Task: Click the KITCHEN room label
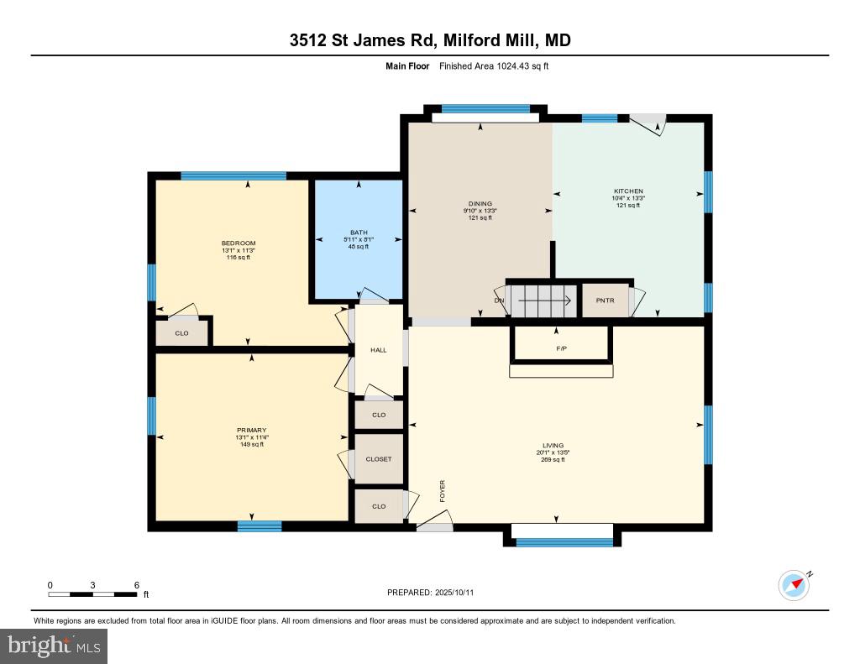tap(628, 191)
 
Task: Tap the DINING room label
tap(480, 203)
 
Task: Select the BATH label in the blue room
tap(359, 233)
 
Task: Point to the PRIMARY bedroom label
tap(251, 431)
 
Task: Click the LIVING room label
tap(553, 446)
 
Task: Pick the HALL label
tap(379, 350)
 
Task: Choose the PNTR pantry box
tap(605, 301)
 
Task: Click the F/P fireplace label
tap(560, 348)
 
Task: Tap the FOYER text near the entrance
tap(442, 491)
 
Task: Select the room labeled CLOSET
tap(379, 459)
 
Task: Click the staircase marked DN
tap(542, 300)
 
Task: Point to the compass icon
tap(794, 585)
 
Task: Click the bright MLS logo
tap(54, 646)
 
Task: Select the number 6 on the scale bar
tap(136, 585)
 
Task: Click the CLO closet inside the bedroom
tap(181, 333)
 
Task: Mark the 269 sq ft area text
tap(553, 460)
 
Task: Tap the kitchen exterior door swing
tap(650, 124)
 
